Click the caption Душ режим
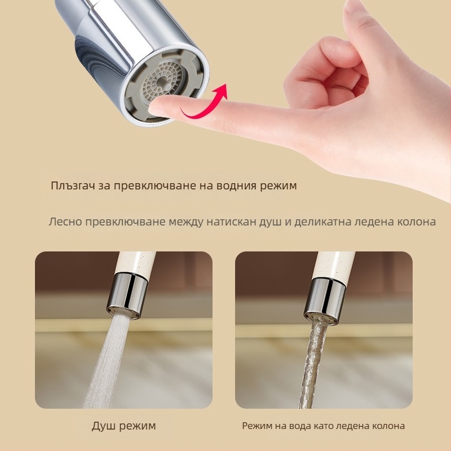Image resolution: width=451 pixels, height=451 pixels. coord(123,426)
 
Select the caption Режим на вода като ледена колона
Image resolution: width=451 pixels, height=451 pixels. coord(323,426)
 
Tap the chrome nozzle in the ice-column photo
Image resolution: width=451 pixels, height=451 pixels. coord(325,301)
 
